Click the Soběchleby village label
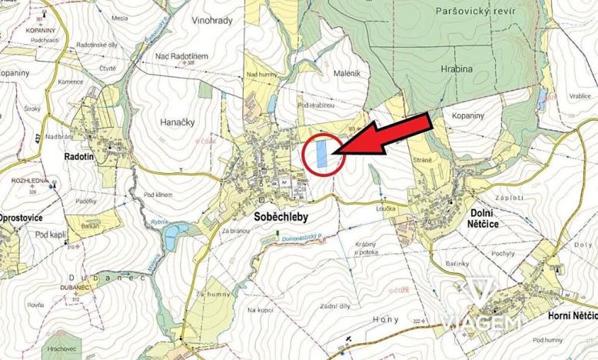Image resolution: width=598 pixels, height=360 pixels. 281,217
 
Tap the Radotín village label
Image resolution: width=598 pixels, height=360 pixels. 79,155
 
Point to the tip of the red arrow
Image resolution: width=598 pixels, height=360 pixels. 335,153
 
